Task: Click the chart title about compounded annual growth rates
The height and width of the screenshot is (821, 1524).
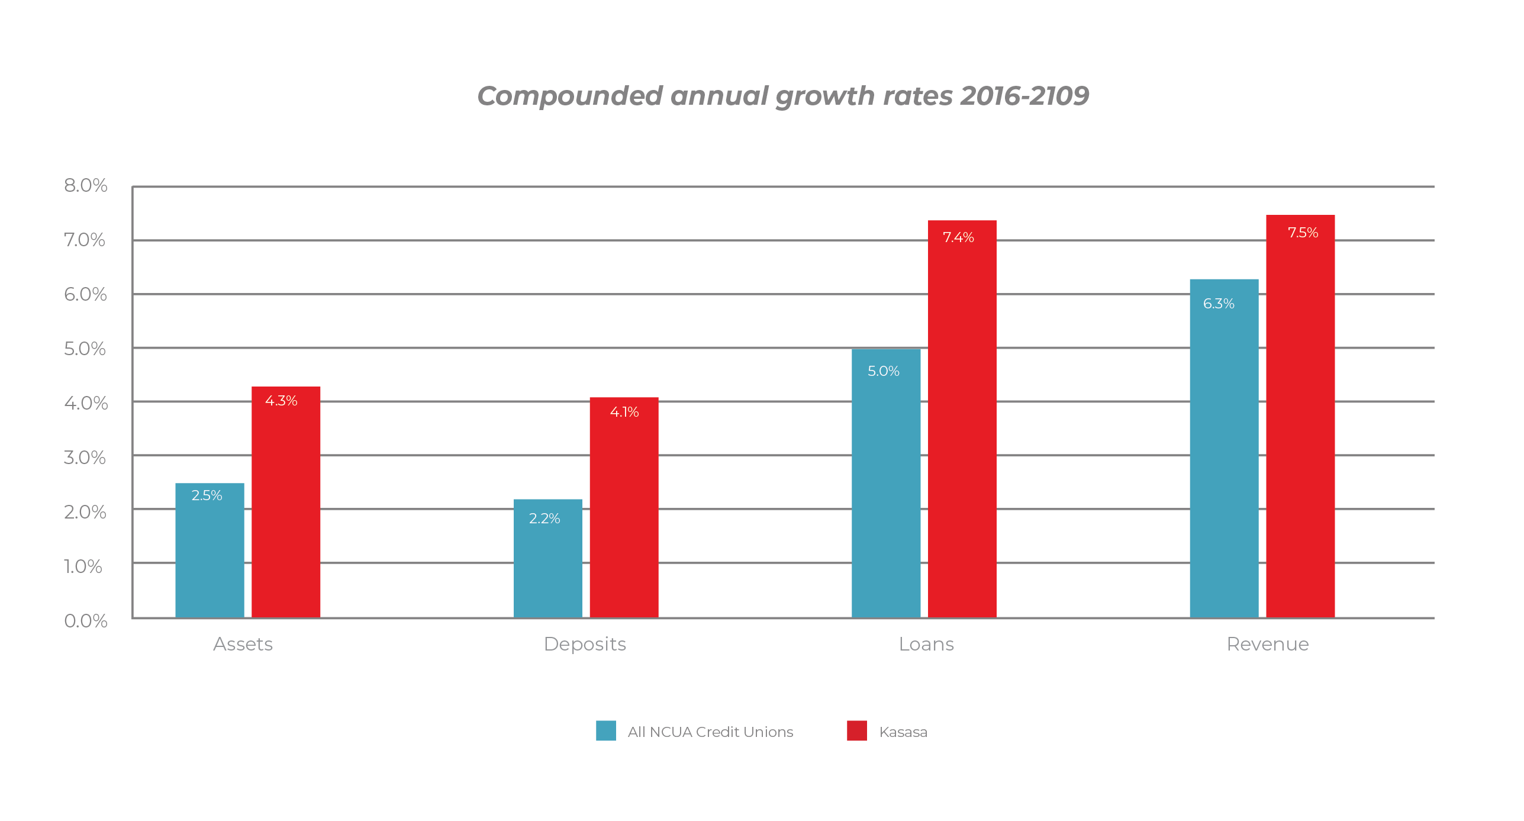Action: [782, 96]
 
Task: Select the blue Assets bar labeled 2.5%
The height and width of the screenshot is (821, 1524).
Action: [210, 550]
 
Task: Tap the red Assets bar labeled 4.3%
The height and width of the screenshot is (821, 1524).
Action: [286, 503]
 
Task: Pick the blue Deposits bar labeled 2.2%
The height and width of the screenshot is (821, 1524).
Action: [547, 559]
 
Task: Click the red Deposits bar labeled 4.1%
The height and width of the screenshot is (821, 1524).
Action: [624, 509]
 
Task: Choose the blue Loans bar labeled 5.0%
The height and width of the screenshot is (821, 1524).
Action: [886, 482]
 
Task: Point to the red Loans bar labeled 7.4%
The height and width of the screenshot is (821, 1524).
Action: [962, 420]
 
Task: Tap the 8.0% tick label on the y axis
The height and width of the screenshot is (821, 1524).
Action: [86, 186]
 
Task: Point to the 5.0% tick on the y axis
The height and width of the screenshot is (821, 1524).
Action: [85, 349]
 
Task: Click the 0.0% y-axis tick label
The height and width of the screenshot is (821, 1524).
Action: [86, 621]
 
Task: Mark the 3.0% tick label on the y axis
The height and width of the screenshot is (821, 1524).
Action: [85, 458]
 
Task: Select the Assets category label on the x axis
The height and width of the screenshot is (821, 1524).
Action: [243, 644]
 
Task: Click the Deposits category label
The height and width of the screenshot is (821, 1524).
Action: [585, 644]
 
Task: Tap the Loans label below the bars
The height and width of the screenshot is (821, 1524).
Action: [926, 644]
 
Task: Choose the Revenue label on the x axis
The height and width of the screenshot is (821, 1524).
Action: [1267, 644]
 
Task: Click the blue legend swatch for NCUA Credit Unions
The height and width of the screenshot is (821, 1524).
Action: [605, 731]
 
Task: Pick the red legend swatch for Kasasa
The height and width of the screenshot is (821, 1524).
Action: [856, 731]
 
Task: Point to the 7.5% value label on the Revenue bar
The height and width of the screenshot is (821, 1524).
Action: [1303, 233]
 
